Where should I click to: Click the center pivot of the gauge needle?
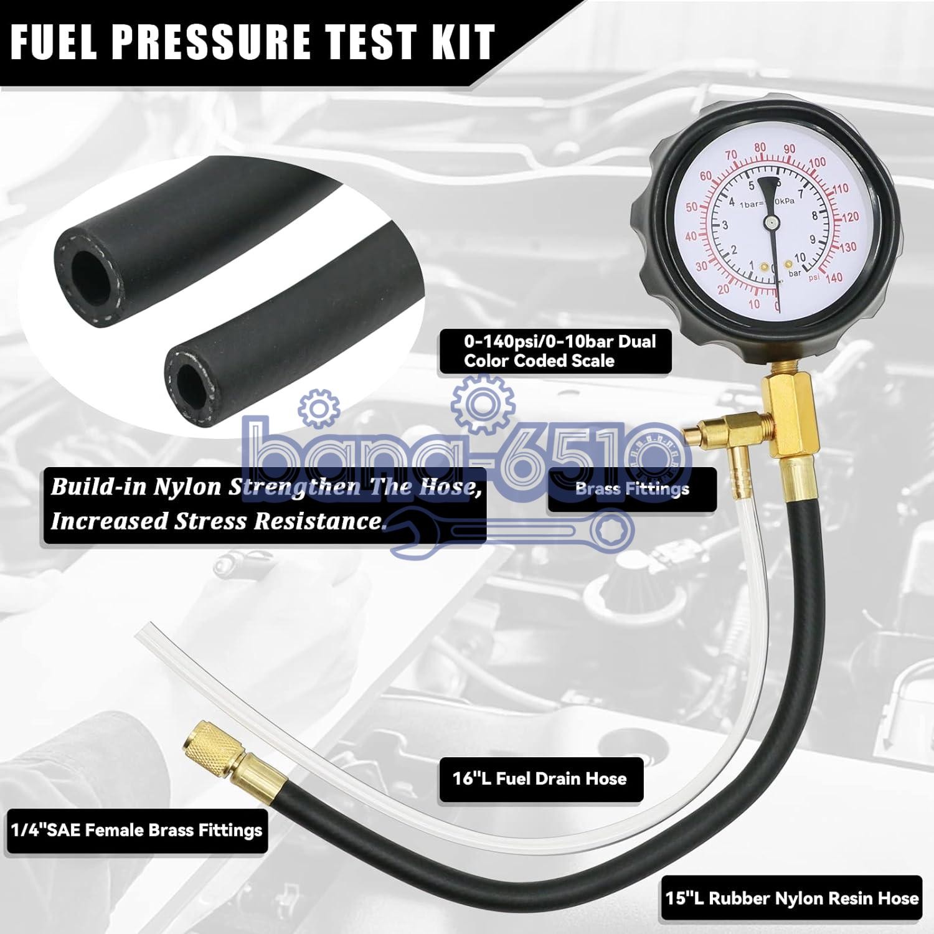(x=770, y=221)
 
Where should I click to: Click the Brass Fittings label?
(x=632, y=489)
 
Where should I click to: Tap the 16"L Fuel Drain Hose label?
(x=539, y=778)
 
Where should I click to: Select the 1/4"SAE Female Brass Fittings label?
(x=136, y=830)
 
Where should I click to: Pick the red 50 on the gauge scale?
(x=691, y=207)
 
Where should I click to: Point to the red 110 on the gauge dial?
(x=840, y=188)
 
